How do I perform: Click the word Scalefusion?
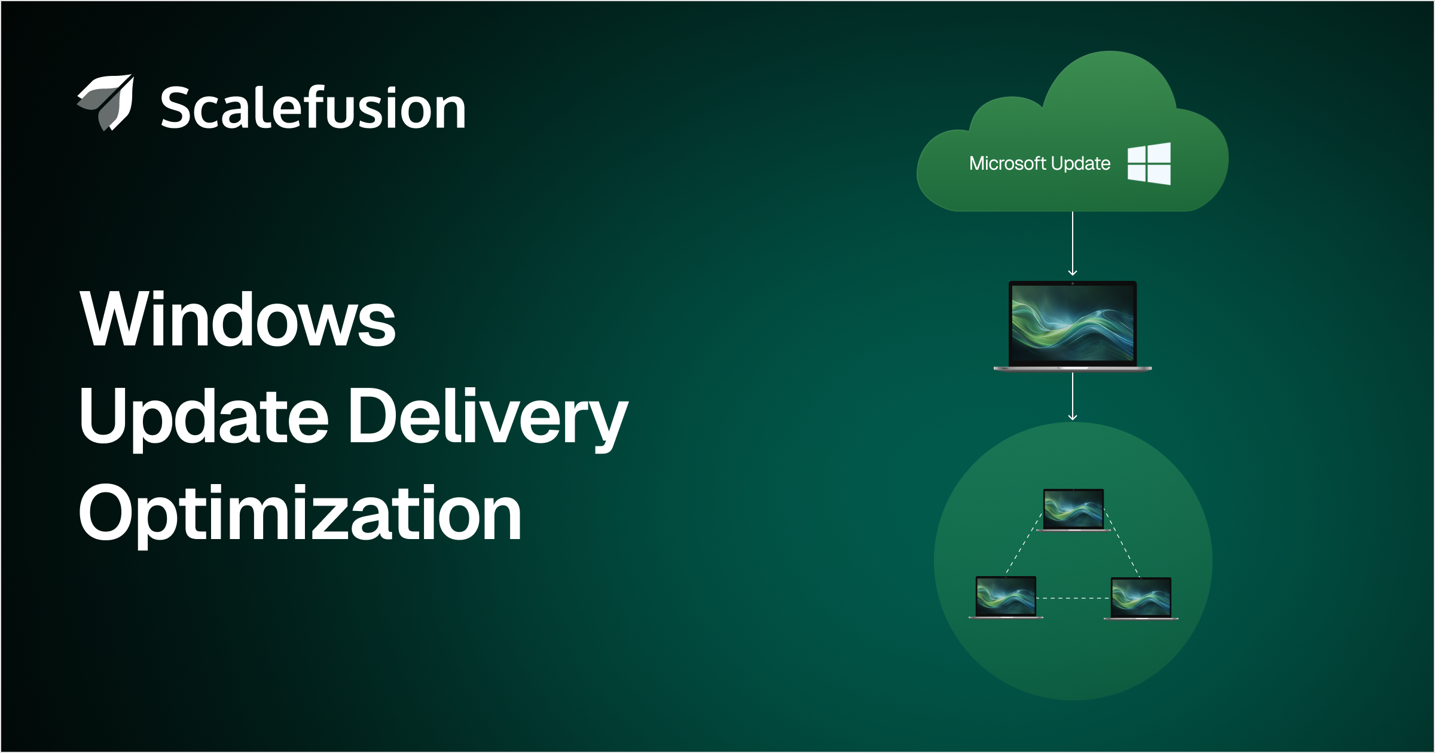313,108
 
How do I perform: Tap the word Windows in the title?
237,319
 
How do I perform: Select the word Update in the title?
203,416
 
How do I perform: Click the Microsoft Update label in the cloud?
1039,163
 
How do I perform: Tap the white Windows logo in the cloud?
1149,163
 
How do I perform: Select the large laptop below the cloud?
1073,326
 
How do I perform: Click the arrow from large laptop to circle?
1073,396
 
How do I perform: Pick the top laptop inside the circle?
1073,510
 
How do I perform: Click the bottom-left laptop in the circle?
1006,597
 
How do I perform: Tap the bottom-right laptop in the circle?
1141,598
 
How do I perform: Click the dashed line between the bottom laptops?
1073,598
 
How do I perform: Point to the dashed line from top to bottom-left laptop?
1024,544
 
